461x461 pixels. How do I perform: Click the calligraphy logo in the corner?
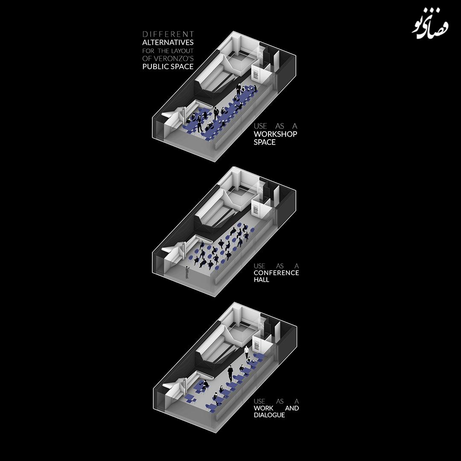tap(430, 27)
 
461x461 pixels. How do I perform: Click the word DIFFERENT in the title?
tap(168, 35)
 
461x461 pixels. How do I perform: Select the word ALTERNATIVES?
tap(168, 42)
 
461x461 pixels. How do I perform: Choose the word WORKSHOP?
tap(275, 134)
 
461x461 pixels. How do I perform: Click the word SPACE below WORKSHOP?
tap(265, 142)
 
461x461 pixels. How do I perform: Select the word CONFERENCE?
tap(276, 273)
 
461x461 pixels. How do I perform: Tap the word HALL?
tap(261, 280)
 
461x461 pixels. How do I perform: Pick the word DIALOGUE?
tap(269, 415)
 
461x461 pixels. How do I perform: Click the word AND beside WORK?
tap(292, 408)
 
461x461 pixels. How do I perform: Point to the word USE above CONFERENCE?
tap(260, 266)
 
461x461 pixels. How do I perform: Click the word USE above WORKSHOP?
tap(260, 126)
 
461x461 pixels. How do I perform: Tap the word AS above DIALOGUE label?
tap(280, 401)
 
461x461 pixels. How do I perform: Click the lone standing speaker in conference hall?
tap(187, 272)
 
